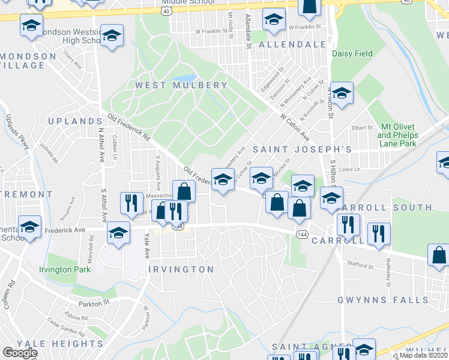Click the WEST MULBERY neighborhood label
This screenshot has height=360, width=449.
coord(181,85)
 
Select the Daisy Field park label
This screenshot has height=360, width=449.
coord(352,54)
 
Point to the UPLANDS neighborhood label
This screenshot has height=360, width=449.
coord(71,121)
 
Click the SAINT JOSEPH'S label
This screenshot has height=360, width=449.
coord(301,148)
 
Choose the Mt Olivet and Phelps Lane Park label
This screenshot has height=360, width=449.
coord(399,136)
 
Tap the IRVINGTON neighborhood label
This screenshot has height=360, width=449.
coord(180,269)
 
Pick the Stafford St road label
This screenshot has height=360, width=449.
coord(360,264)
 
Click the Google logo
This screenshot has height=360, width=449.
coord(20,353)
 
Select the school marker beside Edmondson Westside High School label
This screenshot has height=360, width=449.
coord(112,37)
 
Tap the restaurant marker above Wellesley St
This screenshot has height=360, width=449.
coord(378,233)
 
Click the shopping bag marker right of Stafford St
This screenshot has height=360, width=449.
coord(439,255)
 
